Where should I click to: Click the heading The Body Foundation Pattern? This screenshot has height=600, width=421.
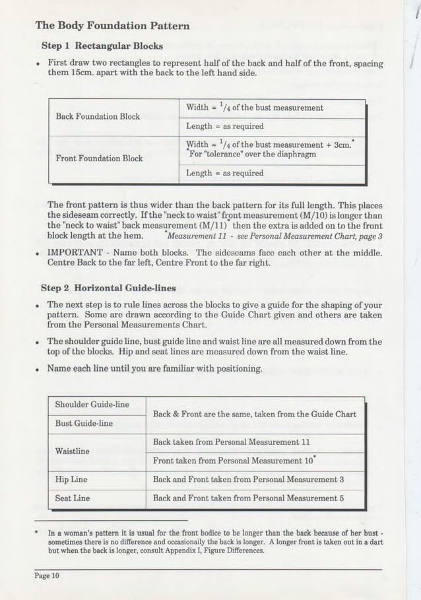coord(112,26)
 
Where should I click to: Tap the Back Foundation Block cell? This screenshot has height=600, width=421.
coord(98,116)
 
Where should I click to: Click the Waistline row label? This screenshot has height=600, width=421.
coord(73,451)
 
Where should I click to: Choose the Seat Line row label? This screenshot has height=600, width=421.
coord(72,498)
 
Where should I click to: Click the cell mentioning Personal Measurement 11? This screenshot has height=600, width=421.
coord(232,442)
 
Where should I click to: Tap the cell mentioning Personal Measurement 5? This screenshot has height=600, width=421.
coord(249,498)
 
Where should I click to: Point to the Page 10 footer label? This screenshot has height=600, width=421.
coord(48,576)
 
